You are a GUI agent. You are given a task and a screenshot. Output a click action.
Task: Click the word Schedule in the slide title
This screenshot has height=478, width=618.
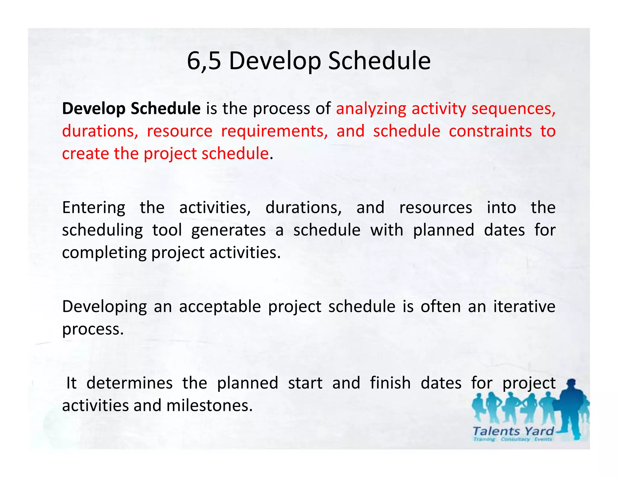click(379, 61)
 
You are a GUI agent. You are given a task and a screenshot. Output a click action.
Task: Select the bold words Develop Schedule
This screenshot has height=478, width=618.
click(131, 108)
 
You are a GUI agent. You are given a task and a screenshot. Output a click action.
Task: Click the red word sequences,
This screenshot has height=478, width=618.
click(513, 109)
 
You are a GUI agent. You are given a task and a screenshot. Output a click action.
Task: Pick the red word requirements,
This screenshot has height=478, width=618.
click(274, 131)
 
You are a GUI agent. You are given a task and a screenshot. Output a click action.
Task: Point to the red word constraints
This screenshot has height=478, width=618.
click(490, 131)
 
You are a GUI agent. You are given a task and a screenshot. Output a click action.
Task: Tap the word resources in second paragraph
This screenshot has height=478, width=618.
click(435, 208)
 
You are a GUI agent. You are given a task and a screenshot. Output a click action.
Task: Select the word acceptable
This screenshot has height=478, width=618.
click(220, 307)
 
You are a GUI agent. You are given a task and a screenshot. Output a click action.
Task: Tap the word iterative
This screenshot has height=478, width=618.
click(524, 307)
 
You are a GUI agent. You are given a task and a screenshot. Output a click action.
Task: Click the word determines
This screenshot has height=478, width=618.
click(129, 383)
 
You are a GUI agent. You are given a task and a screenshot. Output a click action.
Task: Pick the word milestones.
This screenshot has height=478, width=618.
click(209, 405)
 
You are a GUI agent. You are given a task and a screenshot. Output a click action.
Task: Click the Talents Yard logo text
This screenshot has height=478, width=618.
click(513, 431)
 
